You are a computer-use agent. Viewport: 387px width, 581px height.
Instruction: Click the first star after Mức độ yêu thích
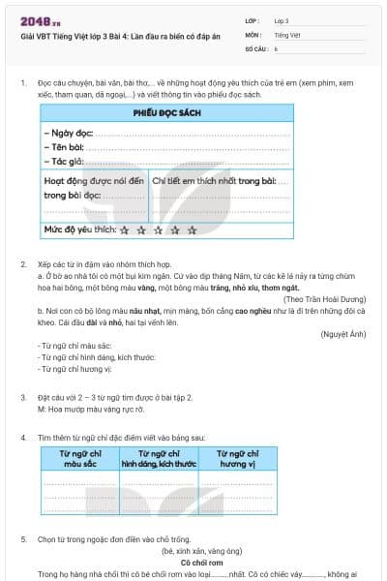[125, 230]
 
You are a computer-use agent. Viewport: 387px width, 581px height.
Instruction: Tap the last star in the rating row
[192, 230]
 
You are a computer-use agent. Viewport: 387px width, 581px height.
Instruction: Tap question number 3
[23, 397]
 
